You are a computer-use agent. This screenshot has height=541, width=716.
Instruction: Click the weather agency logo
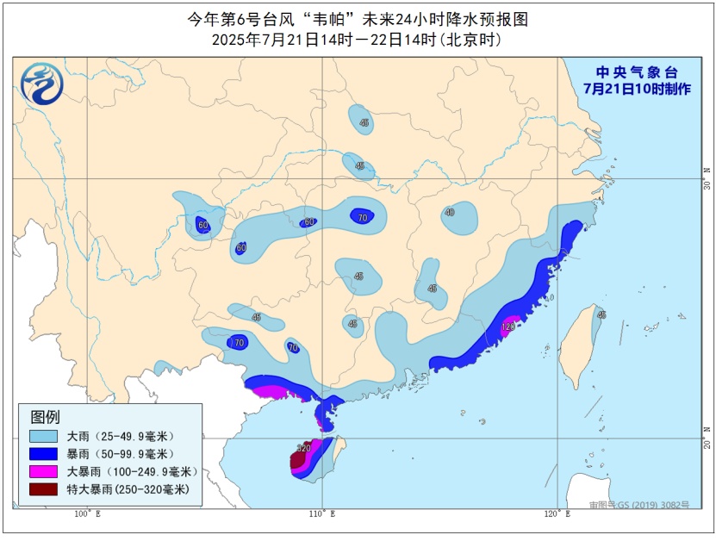click(41, 84)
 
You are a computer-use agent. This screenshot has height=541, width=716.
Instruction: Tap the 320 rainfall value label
click(303, 448)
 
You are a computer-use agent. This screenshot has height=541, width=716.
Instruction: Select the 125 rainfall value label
click(508, 326)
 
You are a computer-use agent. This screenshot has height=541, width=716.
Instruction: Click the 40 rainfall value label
click(450, 212)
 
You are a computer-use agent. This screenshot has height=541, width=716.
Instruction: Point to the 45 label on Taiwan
click(601, 314)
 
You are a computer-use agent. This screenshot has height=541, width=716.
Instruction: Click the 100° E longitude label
click(87, 515)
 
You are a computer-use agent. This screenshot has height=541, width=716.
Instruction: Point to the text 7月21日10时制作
click(637, 89)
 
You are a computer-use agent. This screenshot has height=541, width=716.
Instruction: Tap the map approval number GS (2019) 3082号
click(638, 505)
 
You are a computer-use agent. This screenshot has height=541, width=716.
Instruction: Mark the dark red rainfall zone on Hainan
click(297, 460)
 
